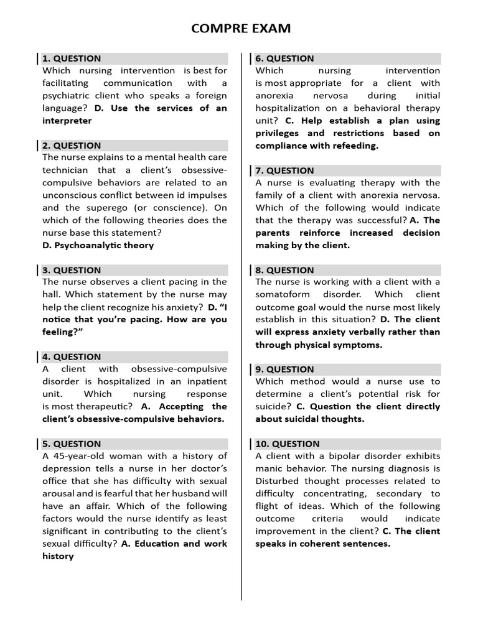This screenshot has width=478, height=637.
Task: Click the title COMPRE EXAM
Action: pyautogui.click(x=240, y=29)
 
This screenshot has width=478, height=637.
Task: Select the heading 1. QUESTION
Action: pyautogui.click(x=72, y=58)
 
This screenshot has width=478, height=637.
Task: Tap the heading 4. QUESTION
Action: pyautogui.click(x=72, y=357)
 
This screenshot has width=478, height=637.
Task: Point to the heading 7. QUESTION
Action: pyautogui.click(x=284, y=170)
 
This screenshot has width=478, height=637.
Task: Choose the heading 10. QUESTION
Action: pyautogui.click(x=288, y=444)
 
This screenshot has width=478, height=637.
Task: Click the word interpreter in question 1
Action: pyautogui.click(x=67, y=121)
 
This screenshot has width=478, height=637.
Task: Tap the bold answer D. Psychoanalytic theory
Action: pyautogui.click(x=98, y=245)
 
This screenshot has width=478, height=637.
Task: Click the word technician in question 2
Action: pyautogui.click(x=66, y=170)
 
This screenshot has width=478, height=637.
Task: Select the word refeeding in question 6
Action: pyautogui.click(x=354, y=146)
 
